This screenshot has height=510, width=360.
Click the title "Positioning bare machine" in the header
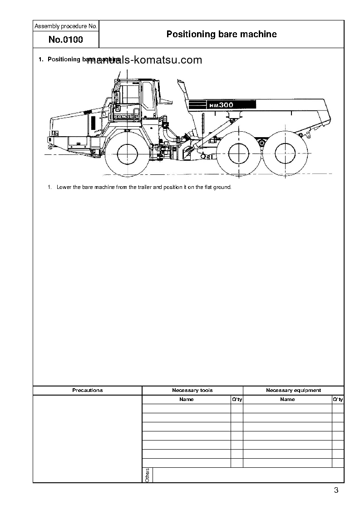221,34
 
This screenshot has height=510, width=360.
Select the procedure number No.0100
65,40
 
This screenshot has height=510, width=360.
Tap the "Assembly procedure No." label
65,26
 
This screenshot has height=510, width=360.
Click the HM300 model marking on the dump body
221,105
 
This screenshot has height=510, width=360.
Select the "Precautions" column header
88,390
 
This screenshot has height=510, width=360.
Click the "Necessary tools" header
192,390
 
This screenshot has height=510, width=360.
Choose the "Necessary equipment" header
293,390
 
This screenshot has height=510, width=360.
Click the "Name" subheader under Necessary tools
186,399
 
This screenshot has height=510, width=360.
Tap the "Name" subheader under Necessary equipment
287,399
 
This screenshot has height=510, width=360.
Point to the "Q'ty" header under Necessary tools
237,399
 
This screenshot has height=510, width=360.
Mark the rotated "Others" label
147,475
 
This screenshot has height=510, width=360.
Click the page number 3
336,490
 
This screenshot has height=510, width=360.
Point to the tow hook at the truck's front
50,147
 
